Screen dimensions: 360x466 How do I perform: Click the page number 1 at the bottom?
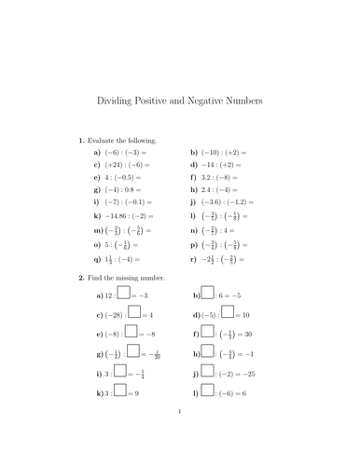(180, 434)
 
